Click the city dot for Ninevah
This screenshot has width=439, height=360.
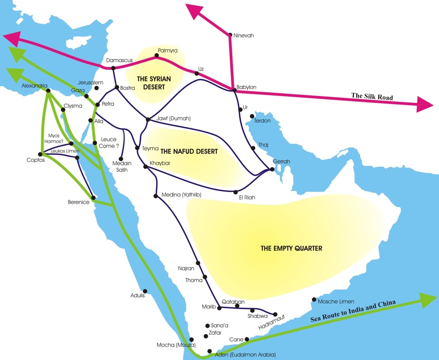pos(230,35)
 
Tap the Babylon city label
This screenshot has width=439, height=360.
pos(246,87)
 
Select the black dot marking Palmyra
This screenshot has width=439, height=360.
pos(157,55)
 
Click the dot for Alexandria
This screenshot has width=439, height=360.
pos(48,91)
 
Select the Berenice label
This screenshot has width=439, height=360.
pos(78,202)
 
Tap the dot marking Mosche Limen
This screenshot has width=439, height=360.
pos(314,300)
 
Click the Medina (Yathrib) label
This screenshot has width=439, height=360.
pos(182,195)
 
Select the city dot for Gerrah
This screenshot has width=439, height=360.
pos(272,169)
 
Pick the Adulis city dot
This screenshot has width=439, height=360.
pos(145,291)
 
